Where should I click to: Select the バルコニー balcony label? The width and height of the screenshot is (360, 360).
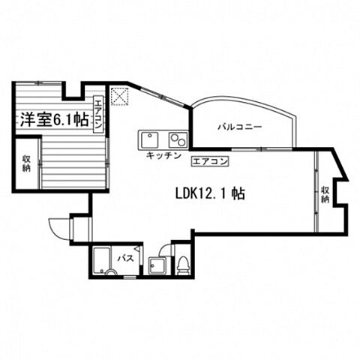(240, 127)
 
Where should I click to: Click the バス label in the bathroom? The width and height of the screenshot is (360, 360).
(126, 259)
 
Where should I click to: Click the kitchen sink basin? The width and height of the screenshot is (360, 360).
(149, 140)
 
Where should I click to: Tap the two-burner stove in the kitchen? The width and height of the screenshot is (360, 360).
(178, 140)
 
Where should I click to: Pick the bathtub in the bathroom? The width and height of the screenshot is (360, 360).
(103, 260)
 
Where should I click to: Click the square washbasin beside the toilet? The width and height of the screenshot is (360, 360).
(157, 265)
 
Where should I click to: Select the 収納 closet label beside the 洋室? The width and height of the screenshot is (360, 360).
(26, 163)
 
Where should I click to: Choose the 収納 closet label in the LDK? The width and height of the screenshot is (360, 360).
(325, 194)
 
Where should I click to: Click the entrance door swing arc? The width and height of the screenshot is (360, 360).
(58, 226)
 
